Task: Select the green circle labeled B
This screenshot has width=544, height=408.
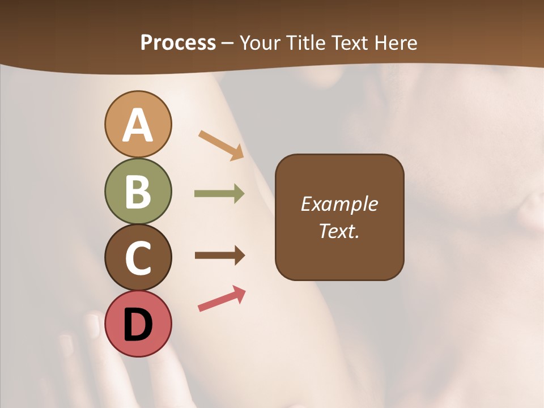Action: [x=138, y=192]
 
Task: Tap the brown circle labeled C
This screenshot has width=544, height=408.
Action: [x=138, y=258]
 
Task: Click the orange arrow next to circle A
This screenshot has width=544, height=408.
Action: [x=221, y=145]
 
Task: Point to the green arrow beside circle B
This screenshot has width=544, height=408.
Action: [x=219, y=194]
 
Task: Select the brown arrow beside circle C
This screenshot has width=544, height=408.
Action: [x=219, y=256]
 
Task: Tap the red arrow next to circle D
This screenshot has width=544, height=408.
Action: [x=222, y=299]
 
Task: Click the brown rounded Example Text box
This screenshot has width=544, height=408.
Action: [x=339, y=217]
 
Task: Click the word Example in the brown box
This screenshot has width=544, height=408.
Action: [x=339, y=204]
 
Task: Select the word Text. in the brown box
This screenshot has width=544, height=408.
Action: [x=339, y=231]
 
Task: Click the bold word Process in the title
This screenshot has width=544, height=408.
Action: [x=178, y=42]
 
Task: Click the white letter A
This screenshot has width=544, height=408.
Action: [x=138, y=126]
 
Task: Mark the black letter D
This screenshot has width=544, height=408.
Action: [x=138, y=325]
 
